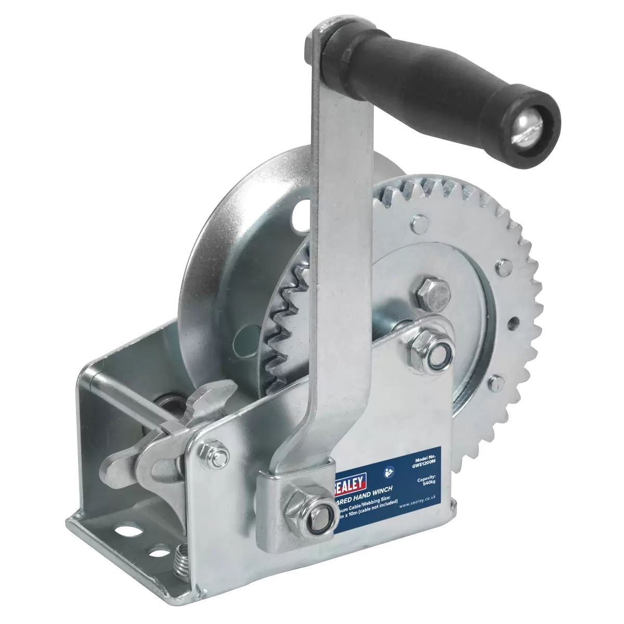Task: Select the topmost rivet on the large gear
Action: pyautogui.click(x=418, y=224)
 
